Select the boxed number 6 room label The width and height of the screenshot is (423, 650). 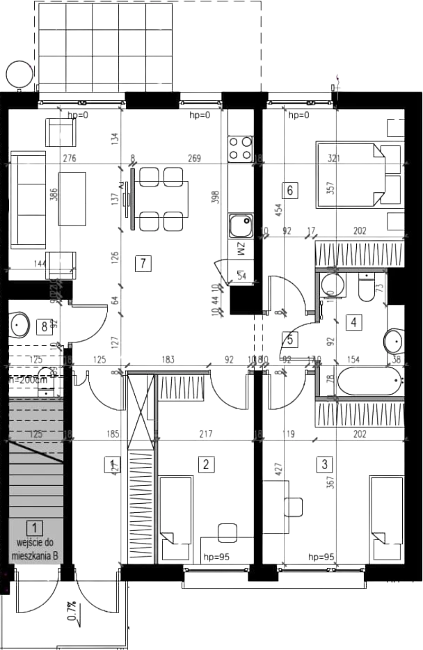pos(291,189)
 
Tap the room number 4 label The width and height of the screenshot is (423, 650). pos(355,322)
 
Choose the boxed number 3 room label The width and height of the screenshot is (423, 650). pos(324,463)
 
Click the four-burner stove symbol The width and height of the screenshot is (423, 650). pos(241,147)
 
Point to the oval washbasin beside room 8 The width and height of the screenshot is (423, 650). pos(18,324)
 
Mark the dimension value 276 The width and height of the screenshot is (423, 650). pos(70,159)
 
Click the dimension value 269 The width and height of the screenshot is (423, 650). pos(193,159)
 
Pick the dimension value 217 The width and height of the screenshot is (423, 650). pos(205,436)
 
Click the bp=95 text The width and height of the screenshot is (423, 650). pos(322,557)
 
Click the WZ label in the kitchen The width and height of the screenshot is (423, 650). pos(239,248)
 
